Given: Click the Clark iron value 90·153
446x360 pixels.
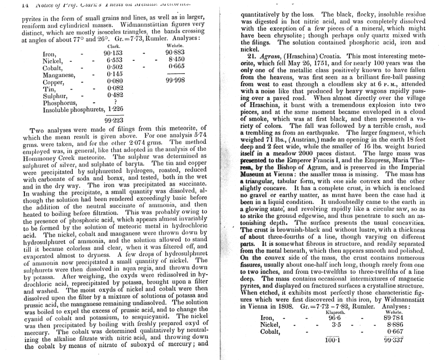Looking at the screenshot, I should coord(113,53).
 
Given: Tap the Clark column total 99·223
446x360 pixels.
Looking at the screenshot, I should coord(114,120).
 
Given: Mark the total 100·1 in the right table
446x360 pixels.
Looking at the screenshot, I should coord(332,339).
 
